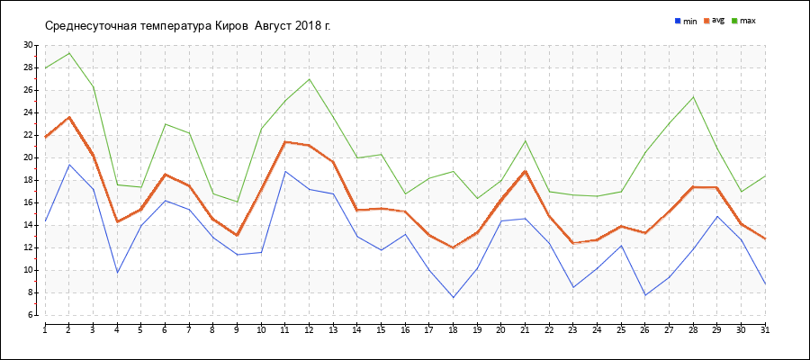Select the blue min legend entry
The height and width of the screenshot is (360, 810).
click(x=686, y=22)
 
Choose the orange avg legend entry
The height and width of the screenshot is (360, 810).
click(x=714, y=21)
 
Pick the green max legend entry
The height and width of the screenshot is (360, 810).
click(x=744, y=22)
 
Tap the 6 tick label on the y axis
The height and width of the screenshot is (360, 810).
click(x=31, y=315)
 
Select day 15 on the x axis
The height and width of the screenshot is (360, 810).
click(x=381, y=329)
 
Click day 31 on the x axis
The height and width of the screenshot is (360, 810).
click(x=765, y=329)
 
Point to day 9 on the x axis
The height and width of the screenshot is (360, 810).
click(x=237, y=329)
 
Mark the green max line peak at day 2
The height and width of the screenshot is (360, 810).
click(x=69, y=53)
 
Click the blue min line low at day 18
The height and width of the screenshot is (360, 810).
click(x=453, y=298)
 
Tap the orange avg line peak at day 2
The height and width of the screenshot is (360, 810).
click(x=69, y=117)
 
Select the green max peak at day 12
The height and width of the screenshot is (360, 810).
click(x=309, y=79)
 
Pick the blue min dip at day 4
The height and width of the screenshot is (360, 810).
click(x=117, y=273)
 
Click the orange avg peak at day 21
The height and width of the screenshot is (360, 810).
click(x=526, y=171)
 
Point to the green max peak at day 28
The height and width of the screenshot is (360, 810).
click(x=693, y=96)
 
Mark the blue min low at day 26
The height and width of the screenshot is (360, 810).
click(x=645, y=295)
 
